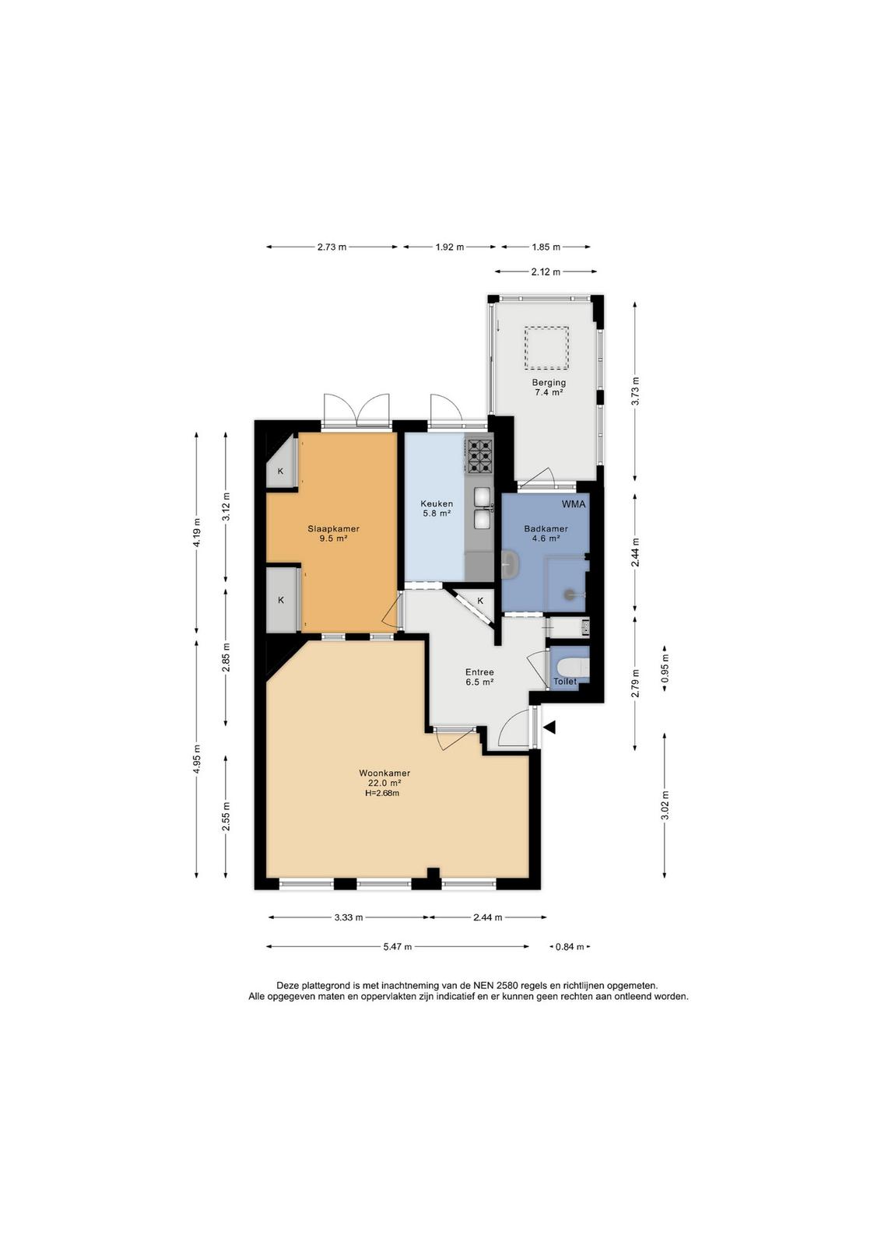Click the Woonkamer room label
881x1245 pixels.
click(384, 773)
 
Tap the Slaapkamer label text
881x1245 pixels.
click(334, 528)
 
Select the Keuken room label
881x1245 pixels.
click(437, 503)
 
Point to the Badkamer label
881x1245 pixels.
click(546, 528)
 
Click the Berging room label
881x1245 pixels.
click(549, 382)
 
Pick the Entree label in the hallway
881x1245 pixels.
click(479, 672)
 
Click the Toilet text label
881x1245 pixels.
click(565, 682)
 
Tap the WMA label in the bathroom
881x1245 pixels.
click(574, 504)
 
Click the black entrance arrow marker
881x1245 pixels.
click(549, 727)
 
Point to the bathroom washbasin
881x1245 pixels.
click(508, 565)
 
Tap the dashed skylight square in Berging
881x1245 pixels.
click(546, 348)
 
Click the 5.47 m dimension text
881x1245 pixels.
click(397, 947)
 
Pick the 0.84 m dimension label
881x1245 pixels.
click(570, 947)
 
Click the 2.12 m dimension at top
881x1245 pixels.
click(546, 272)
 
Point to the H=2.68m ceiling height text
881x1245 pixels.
click(382, 793)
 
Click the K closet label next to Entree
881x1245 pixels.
click(480, 601)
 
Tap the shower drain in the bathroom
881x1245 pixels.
click(569, 594)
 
